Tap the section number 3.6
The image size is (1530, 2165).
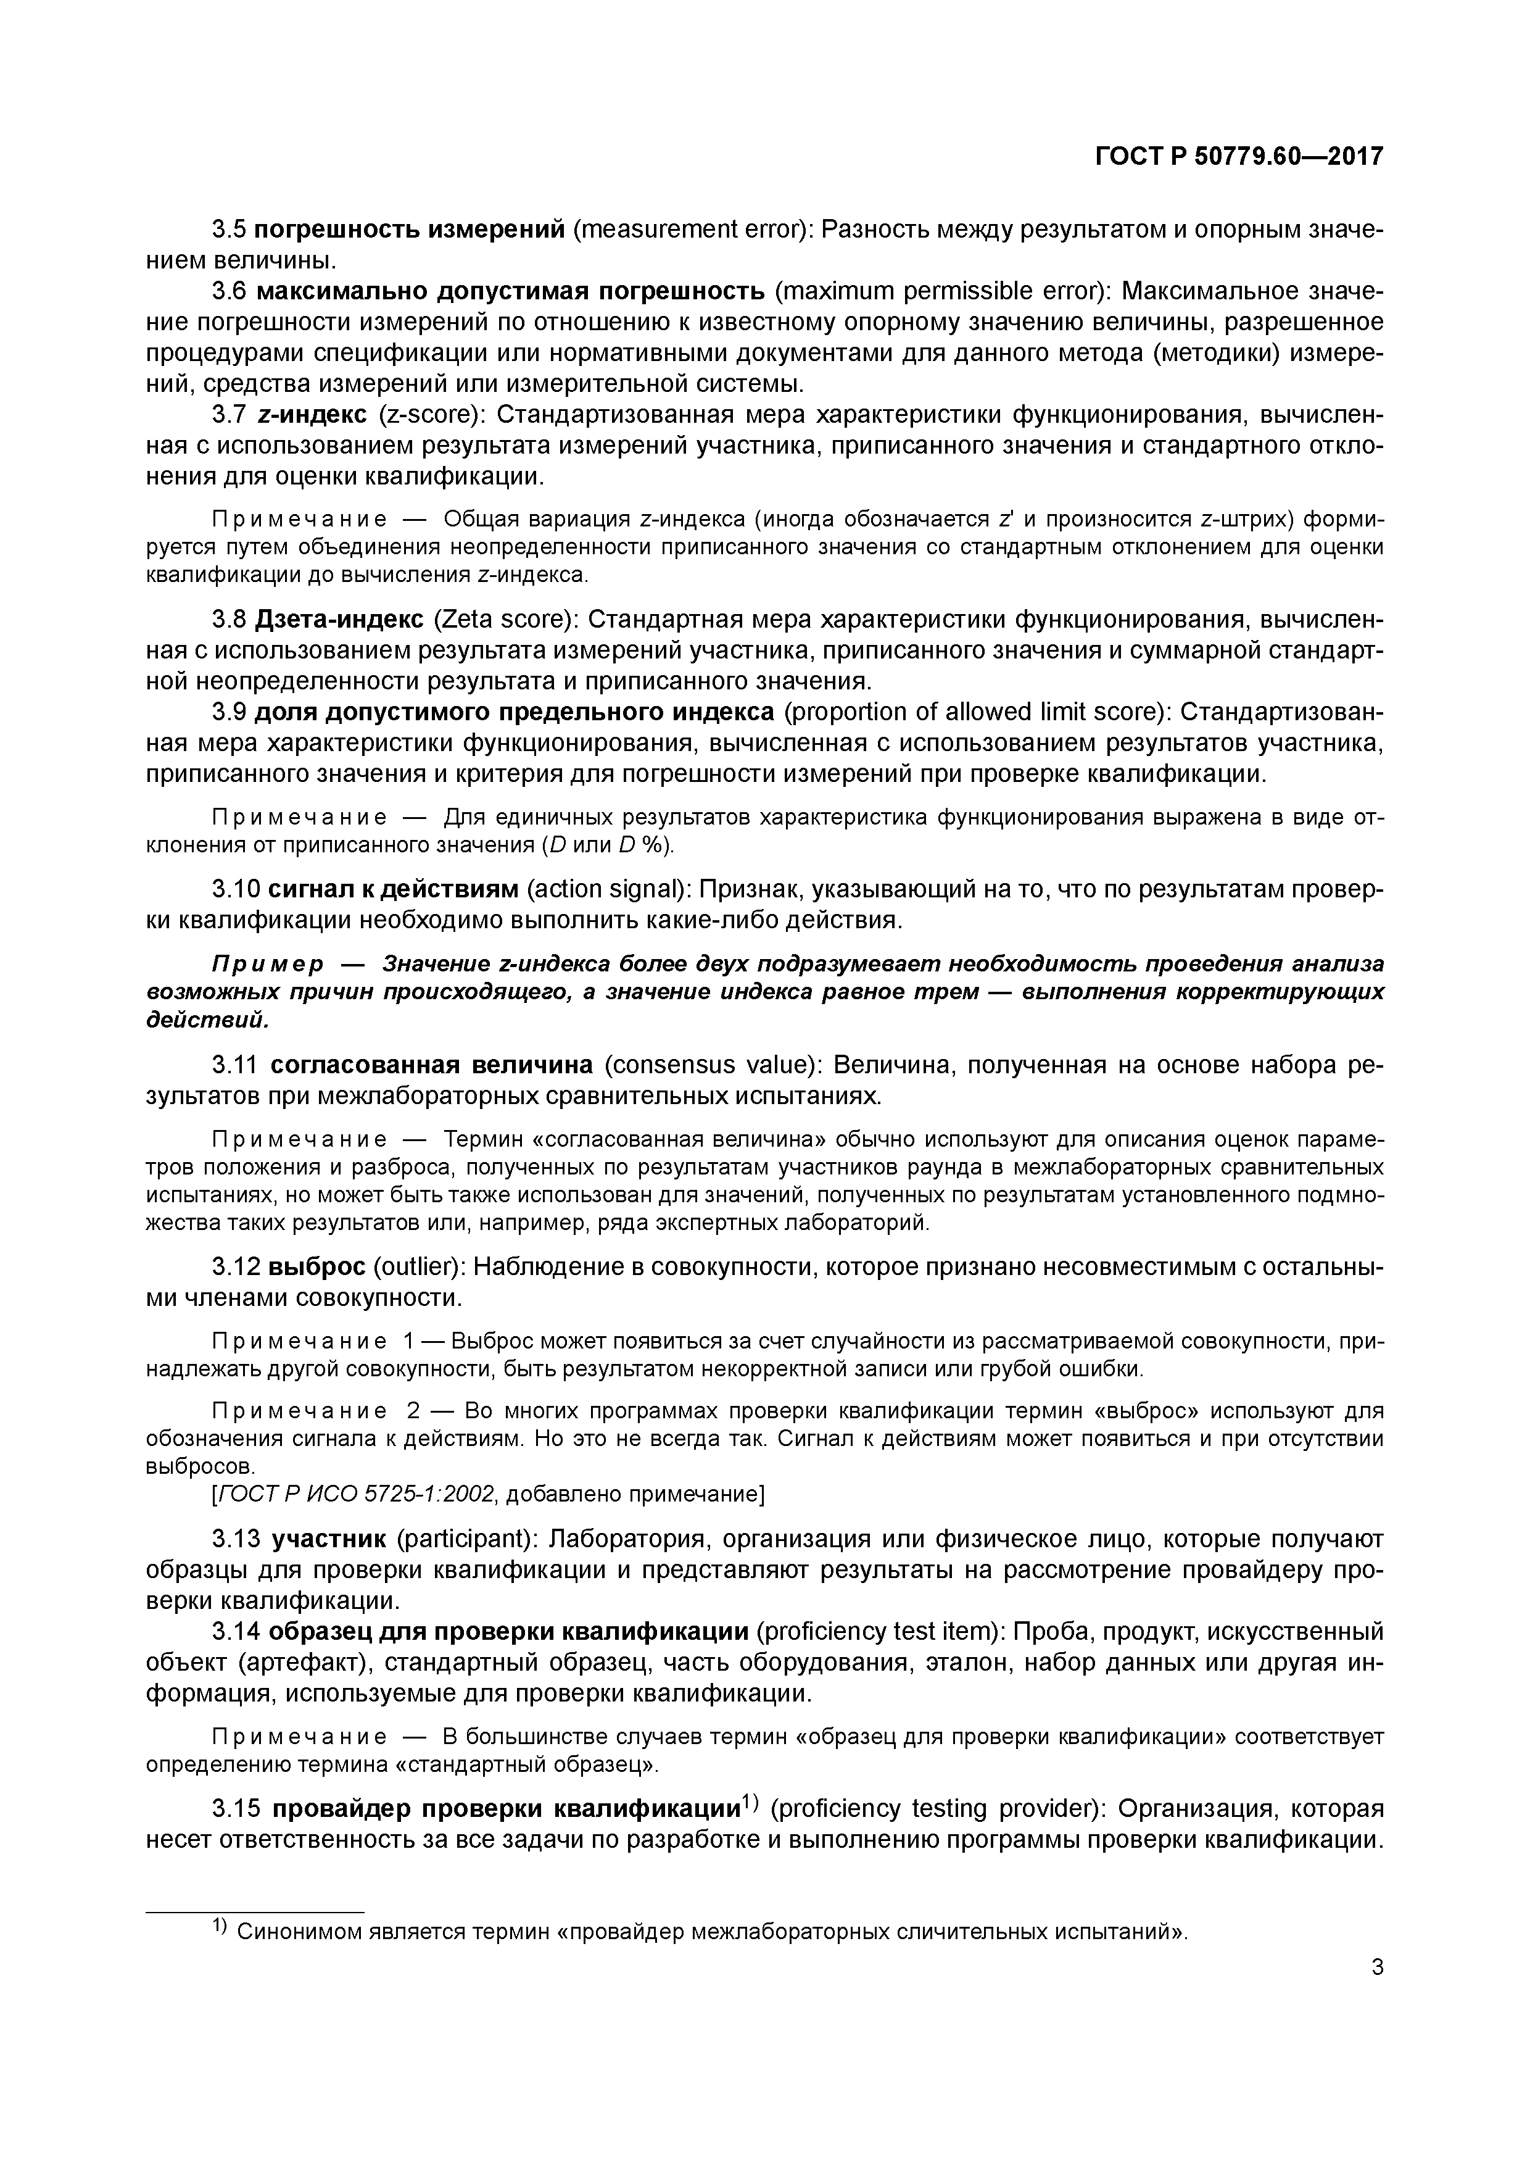click(x=229, y=291)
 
